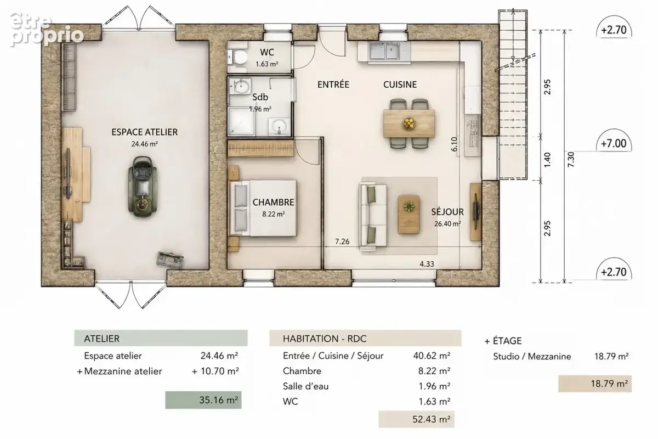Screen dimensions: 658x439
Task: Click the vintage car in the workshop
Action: coord(143,187)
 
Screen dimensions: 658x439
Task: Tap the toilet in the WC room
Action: coord(237,57)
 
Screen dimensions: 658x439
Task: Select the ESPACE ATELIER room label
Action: coord(145,132)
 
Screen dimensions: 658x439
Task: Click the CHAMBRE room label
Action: coord(273,202)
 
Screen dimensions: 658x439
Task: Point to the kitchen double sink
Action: coord(384,51)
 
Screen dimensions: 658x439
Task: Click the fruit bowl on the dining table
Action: coord(409,123)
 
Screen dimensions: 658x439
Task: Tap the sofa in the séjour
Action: coord(372,217)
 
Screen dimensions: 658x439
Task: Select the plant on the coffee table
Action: coord(409,206)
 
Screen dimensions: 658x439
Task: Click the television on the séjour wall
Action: coord(475,212)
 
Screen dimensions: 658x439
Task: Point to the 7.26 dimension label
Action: coord(342,241)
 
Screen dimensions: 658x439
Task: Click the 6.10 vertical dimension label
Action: coord(454,144)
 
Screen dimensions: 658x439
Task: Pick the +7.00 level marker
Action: coord(614,144)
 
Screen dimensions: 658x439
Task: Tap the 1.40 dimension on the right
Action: coord(547,160)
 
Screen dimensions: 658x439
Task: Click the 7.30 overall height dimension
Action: coord(571,160)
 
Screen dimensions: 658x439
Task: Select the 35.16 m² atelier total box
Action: coord(203,400)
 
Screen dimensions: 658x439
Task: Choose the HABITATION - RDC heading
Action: coord(325,339)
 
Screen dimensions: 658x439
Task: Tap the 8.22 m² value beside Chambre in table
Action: coord(434,371)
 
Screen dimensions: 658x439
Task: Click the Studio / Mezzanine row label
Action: coord(532,357)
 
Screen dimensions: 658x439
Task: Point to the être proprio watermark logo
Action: coord(47,30)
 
